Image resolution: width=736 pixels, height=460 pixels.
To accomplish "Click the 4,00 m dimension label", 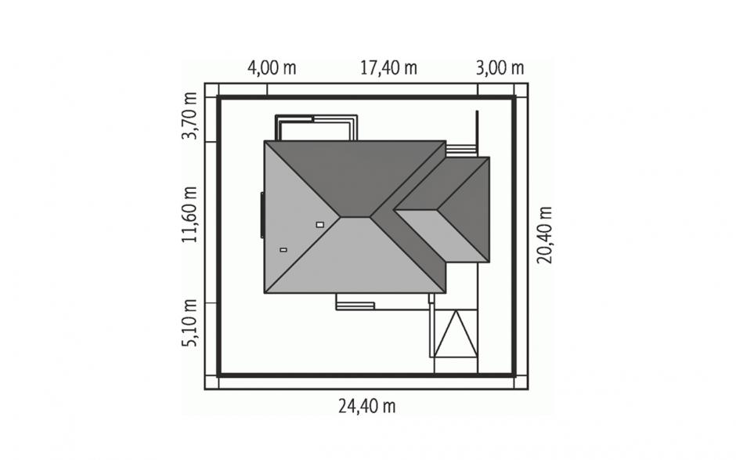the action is coord(272,68).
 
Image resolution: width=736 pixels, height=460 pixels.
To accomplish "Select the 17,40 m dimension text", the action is coord(388,68).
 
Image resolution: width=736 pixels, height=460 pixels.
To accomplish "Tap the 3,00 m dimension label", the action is coord(500,68).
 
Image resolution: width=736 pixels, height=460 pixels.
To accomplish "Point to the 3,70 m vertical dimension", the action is coord(189,116).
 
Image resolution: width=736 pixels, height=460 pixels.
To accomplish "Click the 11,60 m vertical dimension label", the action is coord(189,214).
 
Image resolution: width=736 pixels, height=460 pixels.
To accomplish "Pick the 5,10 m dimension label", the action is coord(189,324).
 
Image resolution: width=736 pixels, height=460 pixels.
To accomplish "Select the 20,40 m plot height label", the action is coord(545,235).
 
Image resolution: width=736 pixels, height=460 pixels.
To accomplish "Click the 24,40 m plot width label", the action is coord(367,406).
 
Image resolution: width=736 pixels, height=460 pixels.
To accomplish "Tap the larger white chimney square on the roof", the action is coord(320,225).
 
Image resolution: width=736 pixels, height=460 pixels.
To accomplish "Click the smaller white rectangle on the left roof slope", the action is coord(283,250).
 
